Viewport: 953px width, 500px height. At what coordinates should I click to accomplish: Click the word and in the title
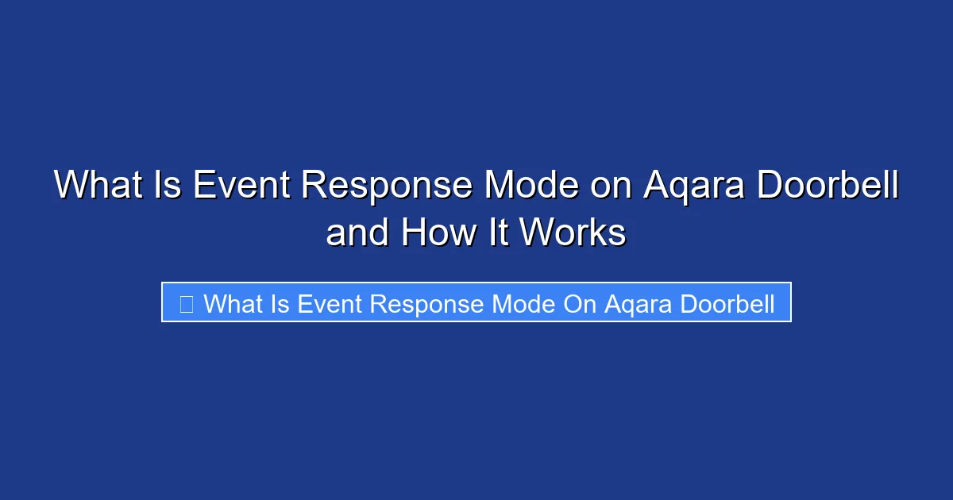[x=358, y=233]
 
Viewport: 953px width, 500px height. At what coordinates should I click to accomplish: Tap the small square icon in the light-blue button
[x=187, y=303]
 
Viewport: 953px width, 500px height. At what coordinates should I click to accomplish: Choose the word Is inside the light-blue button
[x=280, y=303]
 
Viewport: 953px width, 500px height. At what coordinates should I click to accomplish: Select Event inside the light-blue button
[x=326, y=303]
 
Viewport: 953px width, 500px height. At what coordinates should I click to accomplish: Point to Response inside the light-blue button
[x=421, y=304]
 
